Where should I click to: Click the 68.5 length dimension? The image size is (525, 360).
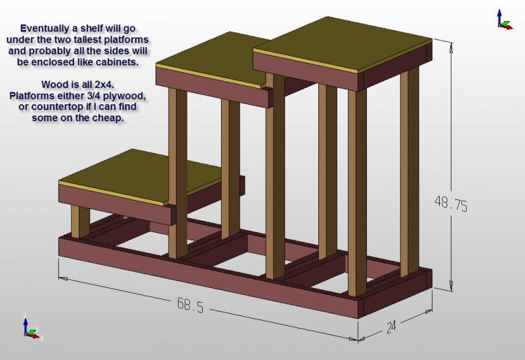pos(190,304)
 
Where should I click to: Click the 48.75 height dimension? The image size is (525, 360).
pos(451,205)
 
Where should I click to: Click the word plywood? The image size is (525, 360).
pos(123,96)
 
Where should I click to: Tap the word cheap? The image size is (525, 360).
pos(108,119)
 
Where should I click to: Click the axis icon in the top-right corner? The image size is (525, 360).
pos(503,20)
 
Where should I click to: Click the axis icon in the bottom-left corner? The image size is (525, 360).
pos(30,327)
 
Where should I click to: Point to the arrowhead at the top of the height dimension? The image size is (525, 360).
pos(451,46)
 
